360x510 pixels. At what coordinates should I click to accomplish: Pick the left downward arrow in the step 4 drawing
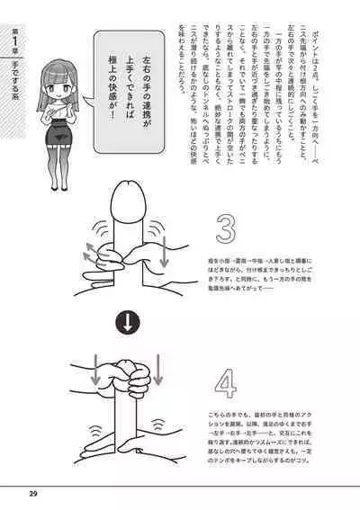click(96, 369)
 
